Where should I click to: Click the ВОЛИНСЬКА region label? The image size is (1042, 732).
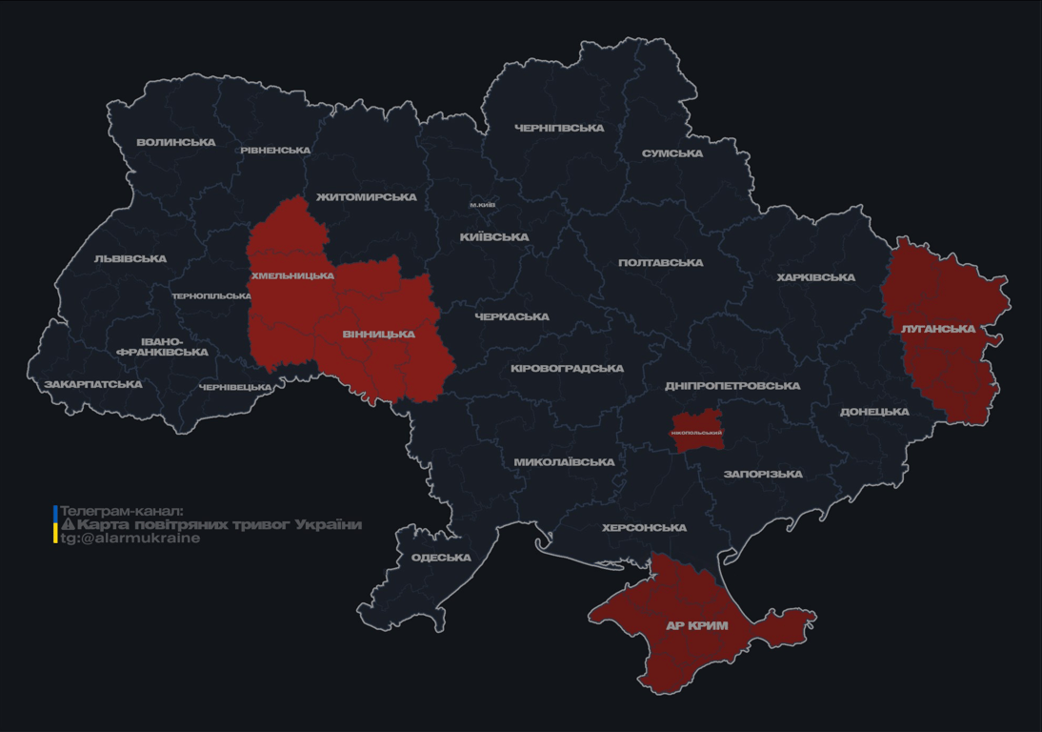tap(176, 143)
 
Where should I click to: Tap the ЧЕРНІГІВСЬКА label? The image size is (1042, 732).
tap(559, 128)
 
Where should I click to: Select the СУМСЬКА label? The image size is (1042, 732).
tap(672, 153)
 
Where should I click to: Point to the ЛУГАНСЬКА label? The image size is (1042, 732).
tap(938, 329)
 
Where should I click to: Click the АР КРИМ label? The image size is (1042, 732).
tap(696, 626)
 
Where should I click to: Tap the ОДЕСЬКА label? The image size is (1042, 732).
tap(441, 558)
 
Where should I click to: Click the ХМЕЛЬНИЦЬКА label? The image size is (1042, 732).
tap(292, 275)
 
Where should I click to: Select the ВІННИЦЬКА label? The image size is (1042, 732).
tap(378, 335)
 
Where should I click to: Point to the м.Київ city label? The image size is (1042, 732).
tap(482, 205)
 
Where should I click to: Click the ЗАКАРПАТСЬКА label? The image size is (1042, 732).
tap(92, 385)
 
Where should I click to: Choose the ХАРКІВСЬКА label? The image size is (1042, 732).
tap(815, 277)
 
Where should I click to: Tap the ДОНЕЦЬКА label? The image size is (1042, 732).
tap(874, 412)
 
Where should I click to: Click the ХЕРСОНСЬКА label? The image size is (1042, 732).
tap(644, 528)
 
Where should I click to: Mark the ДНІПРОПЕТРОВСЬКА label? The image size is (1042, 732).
tap(731, 386)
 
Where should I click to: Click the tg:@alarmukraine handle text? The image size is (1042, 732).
tap(130, 539)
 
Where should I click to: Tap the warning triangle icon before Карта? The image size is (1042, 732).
tap(68, 524)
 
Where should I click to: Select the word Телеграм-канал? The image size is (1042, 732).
tap(121, 511)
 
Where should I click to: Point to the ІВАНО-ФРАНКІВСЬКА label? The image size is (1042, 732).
tap(162, 346)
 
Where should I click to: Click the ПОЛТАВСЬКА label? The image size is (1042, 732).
tap(660, 263)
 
